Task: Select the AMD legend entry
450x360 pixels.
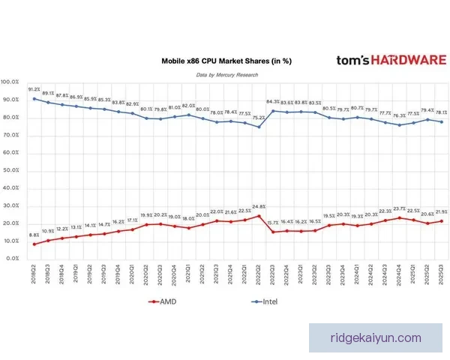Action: [169, 301]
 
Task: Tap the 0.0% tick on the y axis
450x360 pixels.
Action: [13, 258]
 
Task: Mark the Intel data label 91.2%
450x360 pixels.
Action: [34, 89]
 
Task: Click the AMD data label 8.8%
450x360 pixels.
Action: [34, 235]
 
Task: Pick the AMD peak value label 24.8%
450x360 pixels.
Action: [259, 206]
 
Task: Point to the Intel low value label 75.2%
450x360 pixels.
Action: [259, 118]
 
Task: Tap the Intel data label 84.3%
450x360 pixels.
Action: [273, 102]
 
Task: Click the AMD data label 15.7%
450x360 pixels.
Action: [273, 223]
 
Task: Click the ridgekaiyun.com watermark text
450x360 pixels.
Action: [376, 337]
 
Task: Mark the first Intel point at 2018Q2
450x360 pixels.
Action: [34, 98]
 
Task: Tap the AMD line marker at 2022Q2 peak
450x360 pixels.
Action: [259, 216]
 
